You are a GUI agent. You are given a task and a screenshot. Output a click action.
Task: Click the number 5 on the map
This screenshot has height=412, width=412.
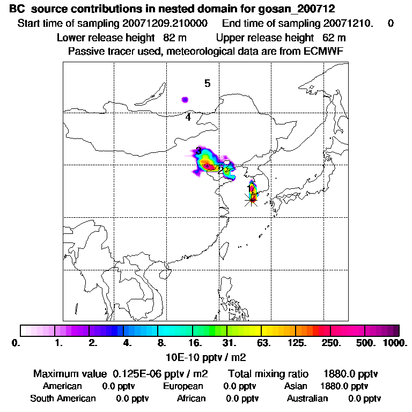point(207,83)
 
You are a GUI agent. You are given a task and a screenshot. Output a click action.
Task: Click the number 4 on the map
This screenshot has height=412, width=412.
point(188,117)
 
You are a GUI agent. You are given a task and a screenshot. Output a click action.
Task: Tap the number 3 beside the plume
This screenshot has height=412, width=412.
point(198,151)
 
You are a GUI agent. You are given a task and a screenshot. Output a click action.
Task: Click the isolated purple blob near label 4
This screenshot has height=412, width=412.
point(185,99)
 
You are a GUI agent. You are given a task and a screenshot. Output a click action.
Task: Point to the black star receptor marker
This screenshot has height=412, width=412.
point(251,200)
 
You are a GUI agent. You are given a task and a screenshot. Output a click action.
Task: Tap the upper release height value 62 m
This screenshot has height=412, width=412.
point(334,38)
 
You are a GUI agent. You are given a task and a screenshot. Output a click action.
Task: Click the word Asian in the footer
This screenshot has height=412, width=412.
point(296,386)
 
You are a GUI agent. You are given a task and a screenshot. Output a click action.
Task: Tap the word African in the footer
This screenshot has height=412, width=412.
point(192,399)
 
